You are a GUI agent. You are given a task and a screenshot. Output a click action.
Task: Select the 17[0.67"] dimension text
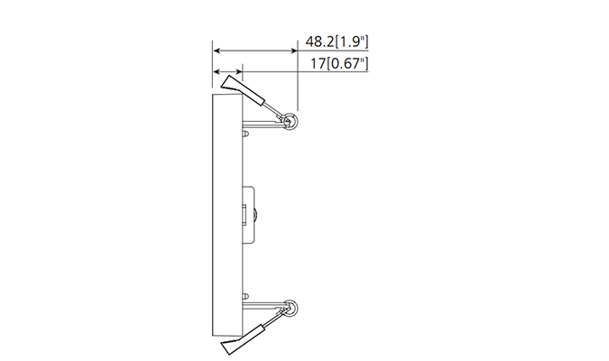(x=340, y=64)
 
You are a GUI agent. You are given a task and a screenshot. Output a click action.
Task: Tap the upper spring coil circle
(x=291, y=121)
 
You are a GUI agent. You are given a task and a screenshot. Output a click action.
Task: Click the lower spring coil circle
(x=290, y=310)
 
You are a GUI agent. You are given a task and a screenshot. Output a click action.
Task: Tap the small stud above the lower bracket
(x=245, y=295)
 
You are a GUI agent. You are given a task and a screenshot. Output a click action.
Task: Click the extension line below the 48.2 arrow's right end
(x=298, y=86)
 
